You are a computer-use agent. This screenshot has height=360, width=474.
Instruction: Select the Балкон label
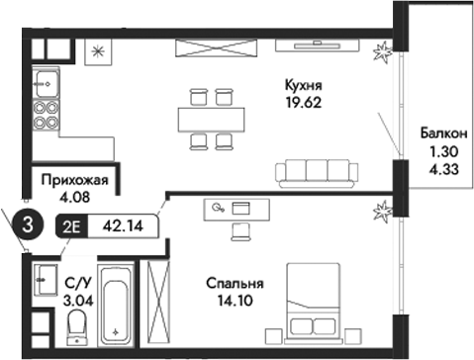click(437, 135)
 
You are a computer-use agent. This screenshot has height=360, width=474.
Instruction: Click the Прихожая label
click(74, 180)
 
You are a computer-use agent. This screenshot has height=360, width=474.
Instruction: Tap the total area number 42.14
click(123, 225)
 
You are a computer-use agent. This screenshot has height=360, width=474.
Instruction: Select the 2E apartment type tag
click(72, 225)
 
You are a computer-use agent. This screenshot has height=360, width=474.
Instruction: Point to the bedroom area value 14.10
click(235, 301)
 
